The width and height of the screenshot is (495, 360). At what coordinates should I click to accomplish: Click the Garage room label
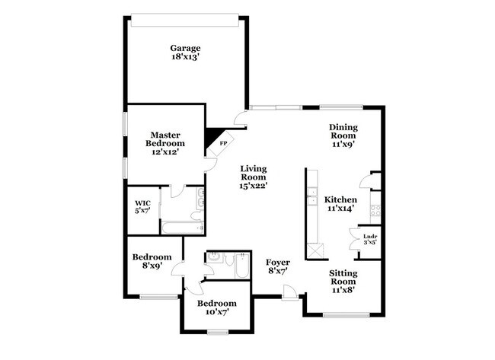(x=185, y=54)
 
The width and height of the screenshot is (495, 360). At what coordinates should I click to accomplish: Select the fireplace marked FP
(x=223, y=141)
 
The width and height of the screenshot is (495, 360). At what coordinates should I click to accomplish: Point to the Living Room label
(x=254, y=177)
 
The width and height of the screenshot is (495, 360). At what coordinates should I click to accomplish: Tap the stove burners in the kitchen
(x=374, y=209)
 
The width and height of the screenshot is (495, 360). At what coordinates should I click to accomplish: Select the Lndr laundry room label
(x=369, y=240)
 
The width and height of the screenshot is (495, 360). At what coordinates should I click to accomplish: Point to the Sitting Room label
(x=343, y=280)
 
